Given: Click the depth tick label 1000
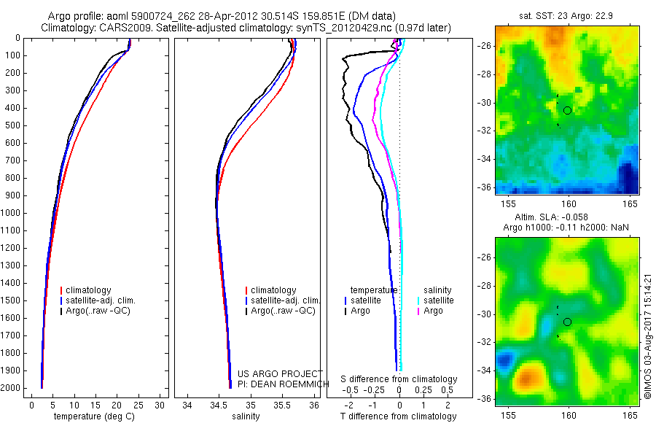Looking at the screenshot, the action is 10,213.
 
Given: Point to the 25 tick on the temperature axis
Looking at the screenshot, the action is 138,405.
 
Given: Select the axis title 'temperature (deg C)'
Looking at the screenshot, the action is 94,416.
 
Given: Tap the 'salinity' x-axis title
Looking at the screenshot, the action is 246,416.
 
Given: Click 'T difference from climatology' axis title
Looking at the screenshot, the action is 398,416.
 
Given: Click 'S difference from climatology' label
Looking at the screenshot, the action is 399,379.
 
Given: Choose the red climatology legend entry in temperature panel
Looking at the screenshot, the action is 86,290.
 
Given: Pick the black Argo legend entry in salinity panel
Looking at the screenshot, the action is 281,311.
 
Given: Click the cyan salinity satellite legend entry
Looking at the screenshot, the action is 436,300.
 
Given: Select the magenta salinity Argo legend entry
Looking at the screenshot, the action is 430,311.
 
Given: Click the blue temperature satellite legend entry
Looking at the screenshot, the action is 363,300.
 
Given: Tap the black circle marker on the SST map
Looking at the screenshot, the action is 567,111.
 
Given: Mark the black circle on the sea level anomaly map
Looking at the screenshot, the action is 567,322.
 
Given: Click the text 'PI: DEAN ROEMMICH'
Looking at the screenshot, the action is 284,384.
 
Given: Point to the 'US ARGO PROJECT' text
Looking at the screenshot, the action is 280,373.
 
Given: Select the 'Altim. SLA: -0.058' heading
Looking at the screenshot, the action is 551,217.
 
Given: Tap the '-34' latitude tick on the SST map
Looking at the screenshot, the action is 484,159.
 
